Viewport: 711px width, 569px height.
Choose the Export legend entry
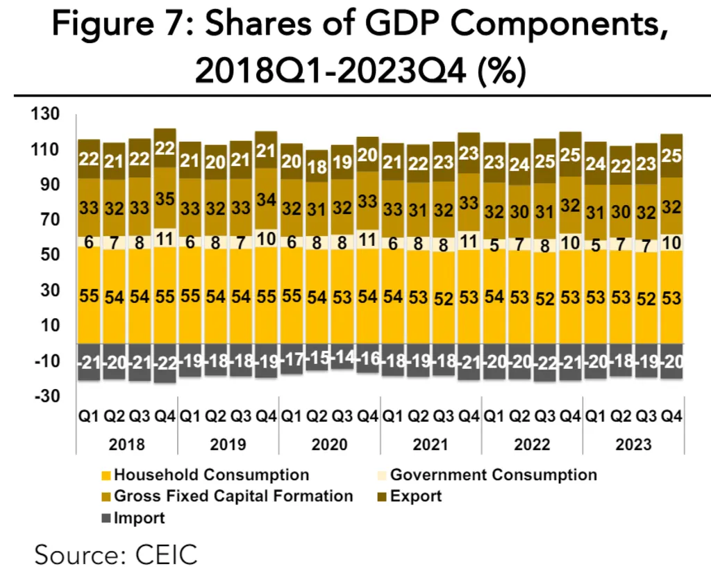pos(415,496)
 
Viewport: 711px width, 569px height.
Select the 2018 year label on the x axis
pos(127,445)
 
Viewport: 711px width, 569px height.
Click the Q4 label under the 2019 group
pos(266,417)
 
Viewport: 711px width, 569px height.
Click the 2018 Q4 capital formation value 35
pos(165,199)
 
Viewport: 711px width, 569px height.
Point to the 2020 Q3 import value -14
pos(342,360)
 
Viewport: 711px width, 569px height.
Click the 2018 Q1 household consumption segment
pos(90,295)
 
